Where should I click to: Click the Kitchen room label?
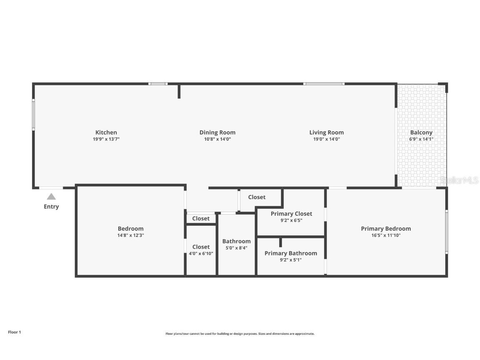click(106, 132)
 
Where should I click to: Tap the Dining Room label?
click(217, 132)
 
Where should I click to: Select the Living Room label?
click(326, 132)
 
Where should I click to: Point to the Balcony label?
click(421, 132)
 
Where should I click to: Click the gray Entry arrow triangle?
click(51, 197)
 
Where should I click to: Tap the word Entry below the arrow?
click(51, 207)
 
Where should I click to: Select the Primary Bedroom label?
click(386, 228)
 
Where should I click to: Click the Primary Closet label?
click(291, 214)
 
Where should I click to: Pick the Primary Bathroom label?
click(290, 253)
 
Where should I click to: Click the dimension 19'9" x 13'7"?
click(106, 139)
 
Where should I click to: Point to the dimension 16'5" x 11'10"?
click(386, 235)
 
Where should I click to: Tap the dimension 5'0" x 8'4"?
click(236, 248)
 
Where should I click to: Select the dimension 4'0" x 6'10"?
click(201, 253)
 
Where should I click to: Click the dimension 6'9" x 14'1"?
click(421, 139)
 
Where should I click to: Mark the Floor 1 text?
click(14, 332)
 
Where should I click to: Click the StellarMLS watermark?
click(459, 180)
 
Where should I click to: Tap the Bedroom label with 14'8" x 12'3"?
click(130, 228)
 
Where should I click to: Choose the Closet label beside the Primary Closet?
click(257, 197)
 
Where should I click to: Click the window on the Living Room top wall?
click(324, 84)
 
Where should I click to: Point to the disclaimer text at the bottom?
click(240, 334)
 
